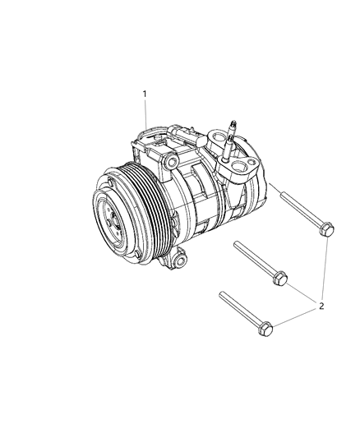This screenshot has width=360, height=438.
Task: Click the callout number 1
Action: click(145, 95)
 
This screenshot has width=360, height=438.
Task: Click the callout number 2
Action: click(321, 306)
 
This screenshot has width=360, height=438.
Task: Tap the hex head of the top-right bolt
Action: click(326, 229)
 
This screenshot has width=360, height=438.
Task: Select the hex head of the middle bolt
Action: click(279, 279)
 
